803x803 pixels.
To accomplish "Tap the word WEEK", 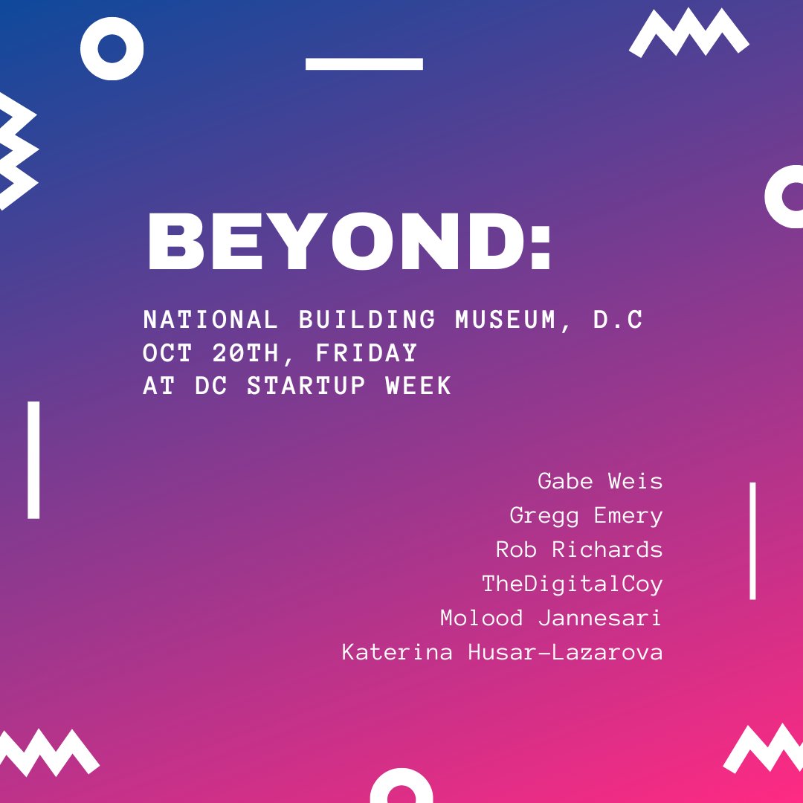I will point(419,386).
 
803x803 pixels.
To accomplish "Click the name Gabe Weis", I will point(600,481).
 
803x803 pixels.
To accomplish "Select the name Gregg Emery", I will point(586,515).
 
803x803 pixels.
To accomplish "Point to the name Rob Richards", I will point(579,549).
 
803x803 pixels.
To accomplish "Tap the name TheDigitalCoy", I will point(572,584).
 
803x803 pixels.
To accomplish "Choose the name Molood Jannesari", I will point(551,618).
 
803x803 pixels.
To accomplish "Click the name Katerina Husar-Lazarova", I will point(502,652).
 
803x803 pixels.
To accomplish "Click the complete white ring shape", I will point(112,49).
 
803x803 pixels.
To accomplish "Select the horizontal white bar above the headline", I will point(364,64).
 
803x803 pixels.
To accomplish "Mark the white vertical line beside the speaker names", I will point(752,541).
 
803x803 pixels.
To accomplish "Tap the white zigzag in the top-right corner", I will point(689,33).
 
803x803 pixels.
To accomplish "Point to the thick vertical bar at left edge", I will point(33,459).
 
